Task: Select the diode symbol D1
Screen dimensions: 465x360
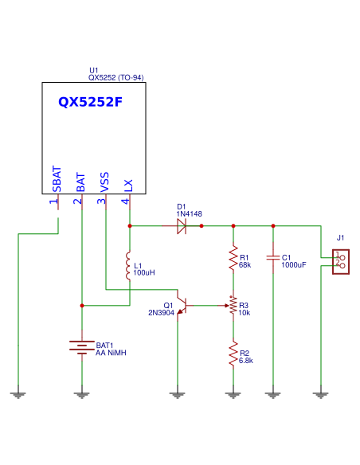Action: [x=182, y=226]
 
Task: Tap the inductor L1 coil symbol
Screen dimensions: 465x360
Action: [x=129, y=266]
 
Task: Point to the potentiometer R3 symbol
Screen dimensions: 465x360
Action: [x=233, y=306]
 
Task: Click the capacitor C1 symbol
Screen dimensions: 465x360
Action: [x=273, y=258]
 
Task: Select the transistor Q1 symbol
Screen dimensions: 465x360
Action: [x=182, y=306]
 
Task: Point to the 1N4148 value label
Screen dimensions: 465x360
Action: [x=190, y=213]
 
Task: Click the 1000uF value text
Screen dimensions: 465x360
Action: [x=294, y=264]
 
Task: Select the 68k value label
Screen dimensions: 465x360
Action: [x=245, y=264]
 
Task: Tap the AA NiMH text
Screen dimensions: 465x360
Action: [x=112, y=352]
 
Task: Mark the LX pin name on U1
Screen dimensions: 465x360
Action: [x=128, y=185]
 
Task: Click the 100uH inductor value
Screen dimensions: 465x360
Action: [x=144, y=272]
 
